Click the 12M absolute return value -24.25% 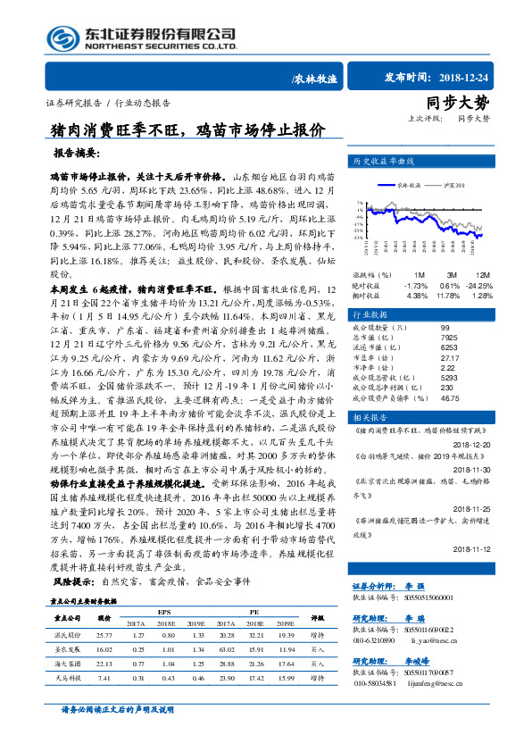477,285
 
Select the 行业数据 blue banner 369,315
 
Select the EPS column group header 164,612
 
